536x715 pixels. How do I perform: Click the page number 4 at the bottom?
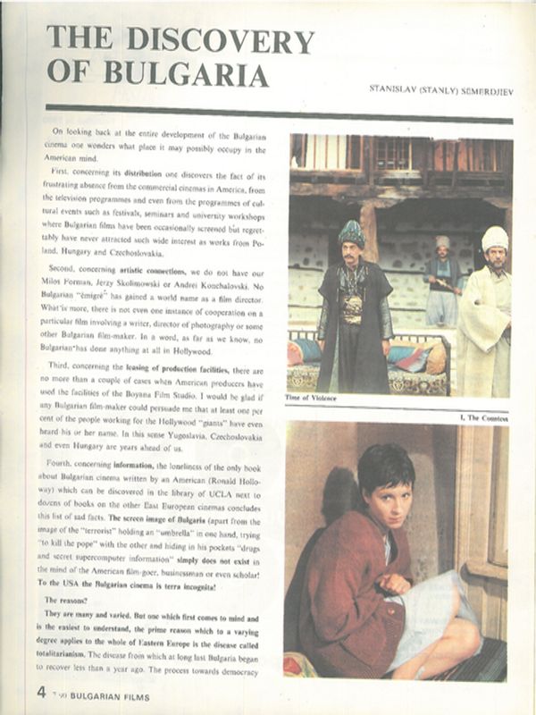[x=41, y=691]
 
